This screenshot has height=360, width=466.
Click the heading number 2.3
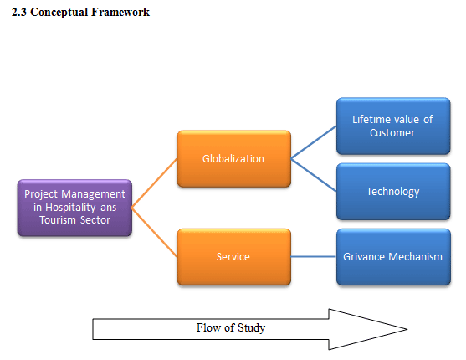(x=19, y=13)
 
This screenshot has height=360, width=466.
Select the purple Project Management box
(x=74, y=208)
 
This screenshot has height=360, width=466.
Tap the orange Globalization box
(x=234, y=158)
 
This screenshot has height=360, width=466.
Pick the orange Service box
(x=234, y=257)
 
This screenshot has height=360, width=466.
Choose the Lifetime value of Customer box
(x=393, y=126)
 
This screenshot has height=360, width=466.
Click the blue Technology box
(x=393, y=192)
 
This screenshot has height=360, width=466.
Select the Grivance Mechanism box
(x=393, y=257)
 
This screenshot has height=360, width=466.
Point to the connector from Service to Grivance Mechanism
(x=314, y=256)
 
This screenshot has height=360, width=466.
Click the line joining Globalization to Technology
(x=314, y=175)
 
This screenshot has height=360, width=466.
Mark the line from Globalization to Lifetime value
(x=314, y=142)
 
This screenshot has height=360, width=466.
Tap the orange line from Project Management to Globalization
(x=155, y=183)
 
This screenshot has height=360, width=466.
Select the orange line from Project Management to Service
(x=155, y=232)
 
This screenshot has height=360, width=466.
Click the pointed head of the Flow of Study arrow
(x=407, y=329)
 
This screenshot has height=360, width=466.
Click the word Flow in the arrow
(x=208, y=327)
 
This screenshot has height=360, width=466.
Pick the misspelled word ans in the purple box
(x=109, y=208)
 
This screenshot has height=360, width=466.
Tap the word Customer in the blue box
(x=392, y=132)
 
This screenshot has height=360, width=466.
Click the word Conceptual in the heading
(x=59, y=13)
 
